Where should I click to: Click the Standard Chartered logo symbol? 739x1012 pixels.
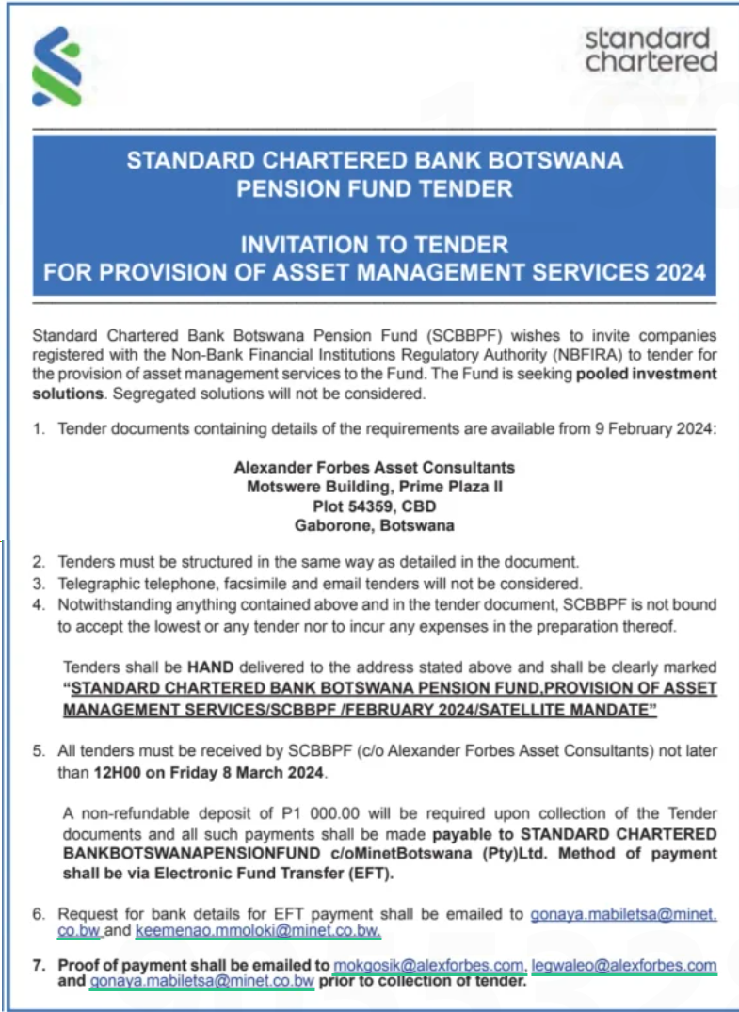click(56, 67)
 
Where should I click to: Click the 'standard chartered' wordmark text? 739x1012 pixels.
click(651, 51)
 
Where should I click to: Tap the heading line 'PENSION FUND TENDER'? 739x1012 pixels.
click(374, 188)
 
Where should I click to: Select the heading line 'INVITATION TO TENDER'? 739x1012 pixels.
click(374, 245)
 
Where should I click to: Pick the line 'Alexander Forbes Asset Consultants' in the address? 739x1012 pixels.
click(374, 467)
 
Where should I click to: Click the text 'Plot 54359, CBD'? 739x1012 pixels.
click(374, 506)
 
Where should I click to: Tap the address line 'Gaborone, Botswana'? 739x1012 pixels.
click(374, 525)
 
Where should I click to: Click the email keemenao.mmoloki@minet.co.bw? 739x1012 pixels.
click(259, 932)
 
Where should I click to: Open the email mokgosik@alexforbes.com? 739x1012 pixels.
click(429, 965)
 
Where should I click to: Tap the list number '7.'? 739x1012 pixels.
click(39, 965)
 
